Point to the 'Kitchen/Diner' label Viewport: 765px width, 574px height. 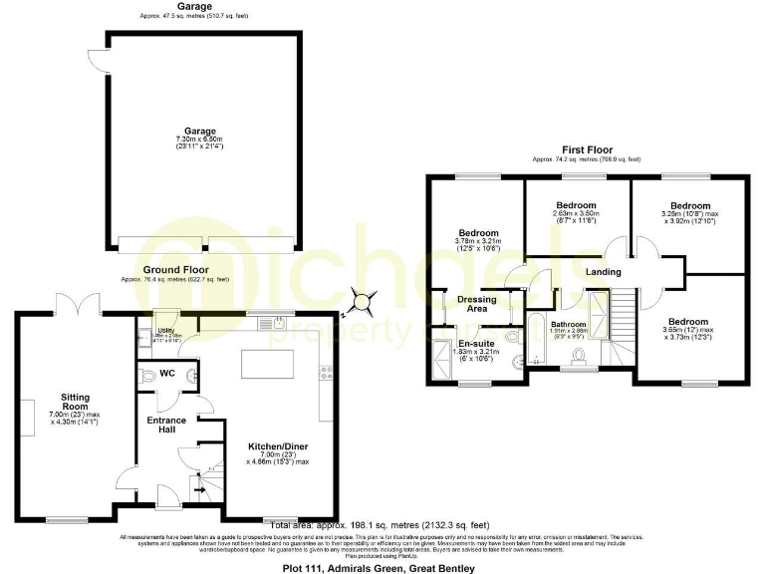(276, 446)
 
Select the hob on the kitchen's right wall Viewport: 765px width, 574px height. (325, 375)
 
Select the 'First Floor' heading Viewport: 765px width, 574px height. (585, 148)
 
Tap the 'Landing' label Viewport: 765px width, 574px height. (603, 272)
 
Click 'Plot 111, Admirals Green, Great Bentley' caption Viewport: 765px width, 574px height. (382, 566)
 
